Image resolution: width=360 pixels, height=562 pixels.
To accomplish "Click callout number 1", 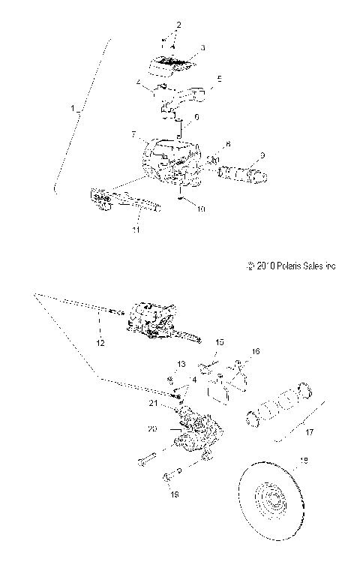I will pyautogui.click(x=73, y=110).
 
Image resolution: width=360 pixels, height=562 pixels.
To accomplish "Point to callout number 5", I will pyautogui.click(x=219, y=78).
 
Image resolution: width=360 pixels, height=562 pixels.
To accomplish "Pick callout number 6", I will pyautogui.click(x=196, y=117).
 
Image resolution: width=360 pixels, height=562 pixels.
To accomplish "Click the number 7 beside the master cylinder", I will pyautogui.click(x=133, y=135).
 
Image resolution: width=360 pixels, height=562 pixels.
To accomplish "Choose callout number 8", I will pyautogui.click(x=228, y=144).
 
